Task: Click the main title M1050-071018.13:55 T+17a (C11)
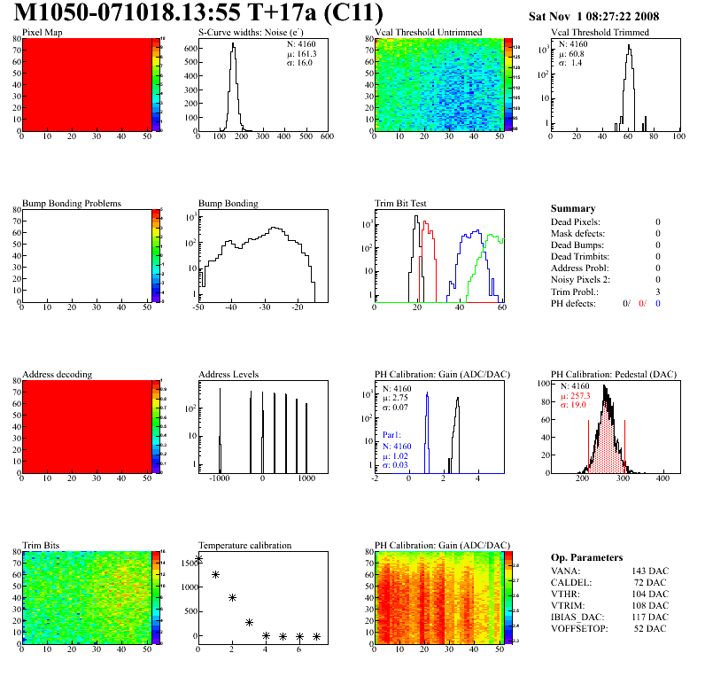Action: coord(198,13)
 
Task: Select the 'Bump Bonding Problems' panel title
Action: coord(72,203)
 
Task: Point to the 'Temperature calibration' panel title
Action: coord(244,545)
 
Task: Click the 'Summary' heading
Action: coord(573,208)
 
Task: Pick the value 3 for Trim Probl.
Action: coord(657,291)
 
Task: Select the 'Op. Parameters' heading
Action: coord(586,557)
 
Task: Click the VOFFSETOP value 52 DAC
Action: coord(651,628)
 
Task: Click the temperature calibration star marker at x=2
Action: coord(232,598)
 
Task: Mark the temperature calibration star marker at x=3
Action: coord(249,622)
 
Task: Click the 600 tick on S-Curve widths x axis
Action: coord(326,137)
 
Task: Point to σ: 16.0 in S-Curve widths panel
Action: coord(298,63)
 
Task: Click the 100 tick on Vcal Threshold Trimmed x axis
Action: coord(678,137)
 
